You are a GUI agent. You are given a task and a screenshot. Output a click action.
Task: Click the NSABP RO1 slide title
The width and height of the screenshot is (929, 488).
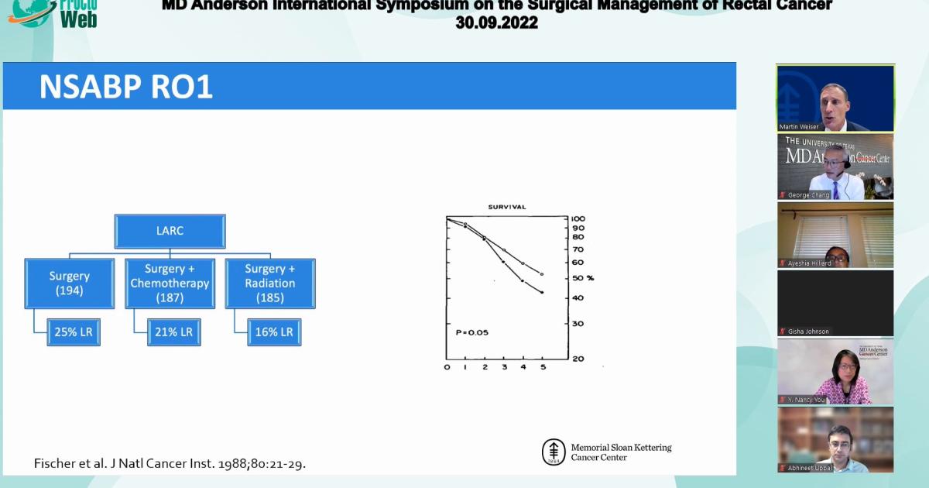[126, 88]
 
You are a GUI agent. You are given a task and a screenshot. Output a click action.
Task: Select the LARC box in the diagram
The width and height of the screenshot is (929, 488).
[170, 231]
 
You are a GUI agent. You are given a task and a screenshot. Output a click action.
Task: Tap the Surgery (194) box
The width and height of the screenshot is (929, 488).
[70, 284]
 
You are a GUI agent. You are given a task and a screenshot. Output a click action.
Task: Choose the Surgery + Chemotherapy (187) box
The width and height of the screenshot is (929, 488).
[170, 284]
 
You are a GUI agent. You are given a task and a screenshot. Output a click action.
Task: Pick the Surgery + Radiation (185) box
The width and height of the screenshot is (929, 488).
[270, 284]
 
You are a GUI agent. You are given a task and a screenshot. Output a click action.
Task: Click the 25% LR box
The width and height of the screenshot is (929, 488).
[73, 332]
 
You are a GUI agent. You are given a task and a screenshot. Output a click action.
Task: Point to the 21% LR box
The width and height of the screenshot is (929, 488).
[173, 332]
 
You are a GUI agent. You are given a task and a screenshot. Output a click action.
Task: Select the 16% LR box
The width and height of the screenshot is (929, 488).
[274, 332]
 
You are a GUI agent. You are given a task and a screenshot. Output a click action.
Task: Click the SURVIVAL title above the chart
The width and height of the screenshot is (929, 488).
[507, 207]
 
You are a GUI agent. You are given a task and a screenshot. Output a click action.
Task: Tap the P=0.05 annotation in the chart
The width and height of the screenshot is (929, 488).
[471, 332]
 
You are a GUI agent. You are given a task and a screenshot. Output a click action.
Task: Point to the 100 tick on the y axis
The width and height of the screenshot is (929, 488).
[578, 219]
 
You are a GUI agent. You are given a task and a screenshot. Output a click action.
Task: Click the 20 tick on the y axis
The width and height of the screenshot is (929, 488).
[578, 359]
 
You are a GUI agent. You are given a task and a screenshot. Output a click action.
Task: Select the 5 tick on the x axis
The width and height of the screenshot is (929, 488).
[542, 367]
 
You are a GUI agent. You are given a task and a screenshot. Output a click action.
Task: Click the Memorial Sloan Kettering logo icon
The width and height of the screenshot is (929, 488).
[553, 452]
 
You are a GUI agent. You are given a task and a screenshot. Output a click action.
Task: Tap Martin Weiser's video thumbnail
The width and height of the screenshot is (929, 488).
[835, 98]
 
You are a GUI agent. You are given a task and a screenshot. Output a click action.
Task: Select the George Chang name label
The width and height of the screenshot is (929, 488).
[808, 195]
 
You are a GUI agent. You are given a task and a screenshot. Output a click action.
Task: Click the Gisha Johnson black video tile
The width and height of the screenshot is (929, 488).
[835, 302]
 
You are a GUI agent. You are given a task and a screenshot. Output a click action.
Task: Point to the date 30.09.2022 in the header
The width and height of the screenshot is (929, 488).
[496, 23]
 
